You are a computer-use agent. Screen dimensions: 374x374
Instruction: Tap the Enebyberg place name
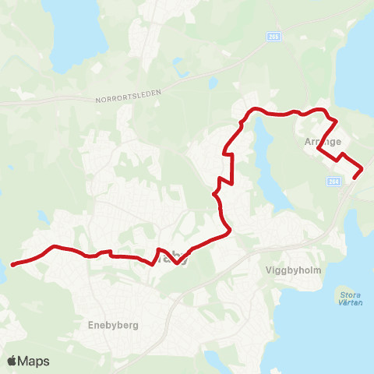[113, 326]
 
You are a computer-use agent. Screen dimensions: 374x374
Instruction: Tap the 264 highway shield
[334, 181]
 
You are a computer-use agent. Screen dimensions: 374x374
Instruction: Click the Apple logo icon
[12, 361]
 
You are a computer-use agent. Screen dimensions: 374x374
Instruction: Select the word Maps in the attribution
[34, 361]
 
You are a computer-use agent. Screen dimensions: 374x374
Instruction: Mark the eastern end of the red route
[355, 178]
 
